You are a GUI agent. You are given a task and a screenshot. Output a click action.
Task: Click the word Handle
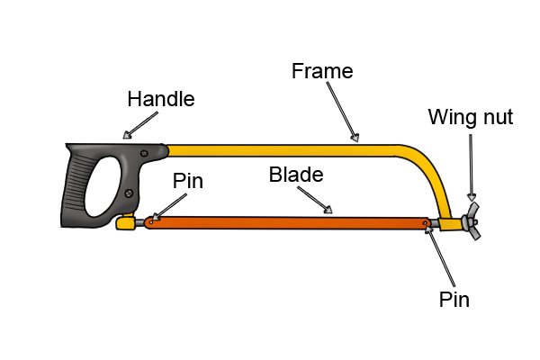[160, 100]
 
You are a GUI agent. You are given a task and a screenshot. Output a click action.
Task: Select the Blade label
[295, 175]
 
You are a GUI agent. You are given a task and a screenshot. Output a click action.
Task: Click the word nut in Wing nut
[491, 117]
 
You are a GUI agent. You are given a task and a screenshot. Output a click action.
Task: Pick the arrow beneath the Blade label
[316, 202]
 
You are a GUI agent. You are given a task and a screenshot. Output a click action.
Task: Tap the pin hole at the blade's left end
[152, 219]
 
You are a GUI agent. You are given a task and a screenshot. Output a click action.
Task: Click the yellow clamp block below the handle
[127, 221]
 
